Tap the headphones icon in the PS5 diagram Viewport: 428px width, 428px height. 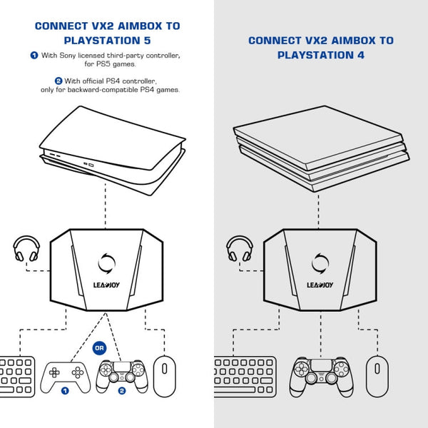(x=26, y=250)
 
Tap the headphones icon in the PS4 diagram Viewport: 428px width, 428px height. (x=239, y=250)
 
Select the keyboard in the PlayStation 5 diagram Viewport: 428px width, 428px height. (x=16, y=374)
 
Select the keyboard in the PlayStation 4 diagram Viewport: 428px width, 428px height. (x=245, y=375)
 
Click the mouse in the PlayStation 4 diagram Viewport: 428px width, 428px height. (x=377, y=375)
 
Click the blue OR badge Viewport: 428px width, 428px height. (x=100, y=348)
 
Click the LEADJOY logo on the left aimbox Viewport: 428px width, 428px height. (x=106, y=285)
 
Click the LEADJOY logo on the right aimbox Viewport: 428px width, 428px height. (x=320, y=285)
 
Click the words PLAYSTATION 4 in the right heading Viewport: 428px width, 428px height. (x=321, y=55)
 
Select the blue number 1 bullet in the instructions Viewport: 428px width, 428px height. (x=34, y=55)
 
